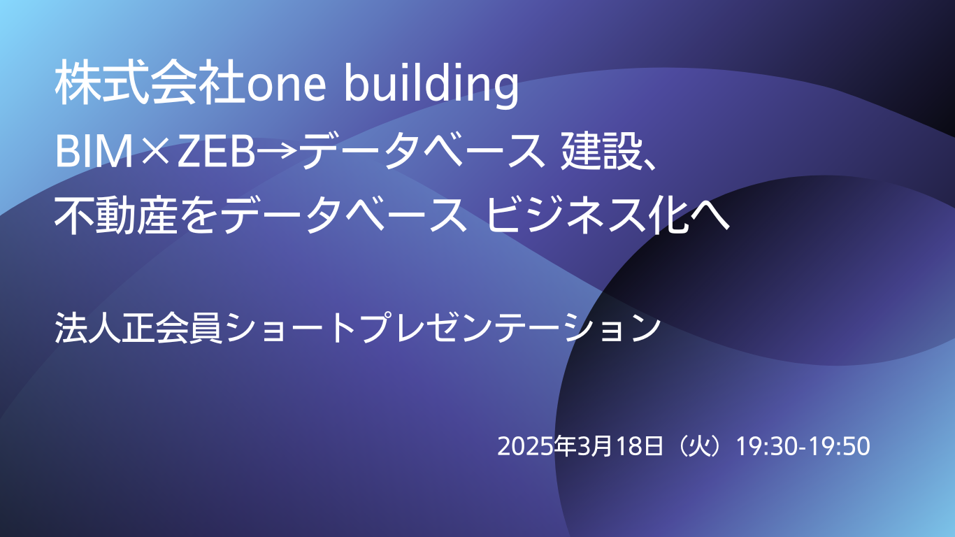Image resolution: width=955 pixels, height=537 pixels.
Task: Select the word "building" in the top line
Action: [431, 85]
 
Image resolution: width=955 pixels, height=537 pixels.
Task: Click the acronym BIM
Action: [94, 152]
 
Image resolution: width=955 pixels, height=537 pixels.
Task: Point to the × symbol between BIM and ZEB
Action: [155, 152]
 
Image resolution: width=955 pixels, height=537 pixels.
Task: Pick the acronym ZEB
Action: [216, 152]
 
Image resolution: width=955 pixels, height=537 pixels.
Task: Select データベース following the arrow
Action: [422, 151]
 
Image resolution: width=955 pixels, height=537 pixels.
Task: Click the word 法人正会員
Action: [138, 327]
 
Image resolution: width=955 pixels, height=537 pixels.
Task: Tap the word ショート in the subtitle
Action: [291, 327]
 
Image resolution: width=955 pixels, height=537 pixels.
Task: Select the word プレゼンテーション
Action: [510, 327]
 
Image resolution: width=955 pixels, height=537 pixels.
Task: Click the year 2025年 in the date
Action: [537, 446]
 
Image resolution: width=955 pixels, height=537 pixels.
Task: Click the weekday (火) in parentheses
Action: [700, 446]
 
